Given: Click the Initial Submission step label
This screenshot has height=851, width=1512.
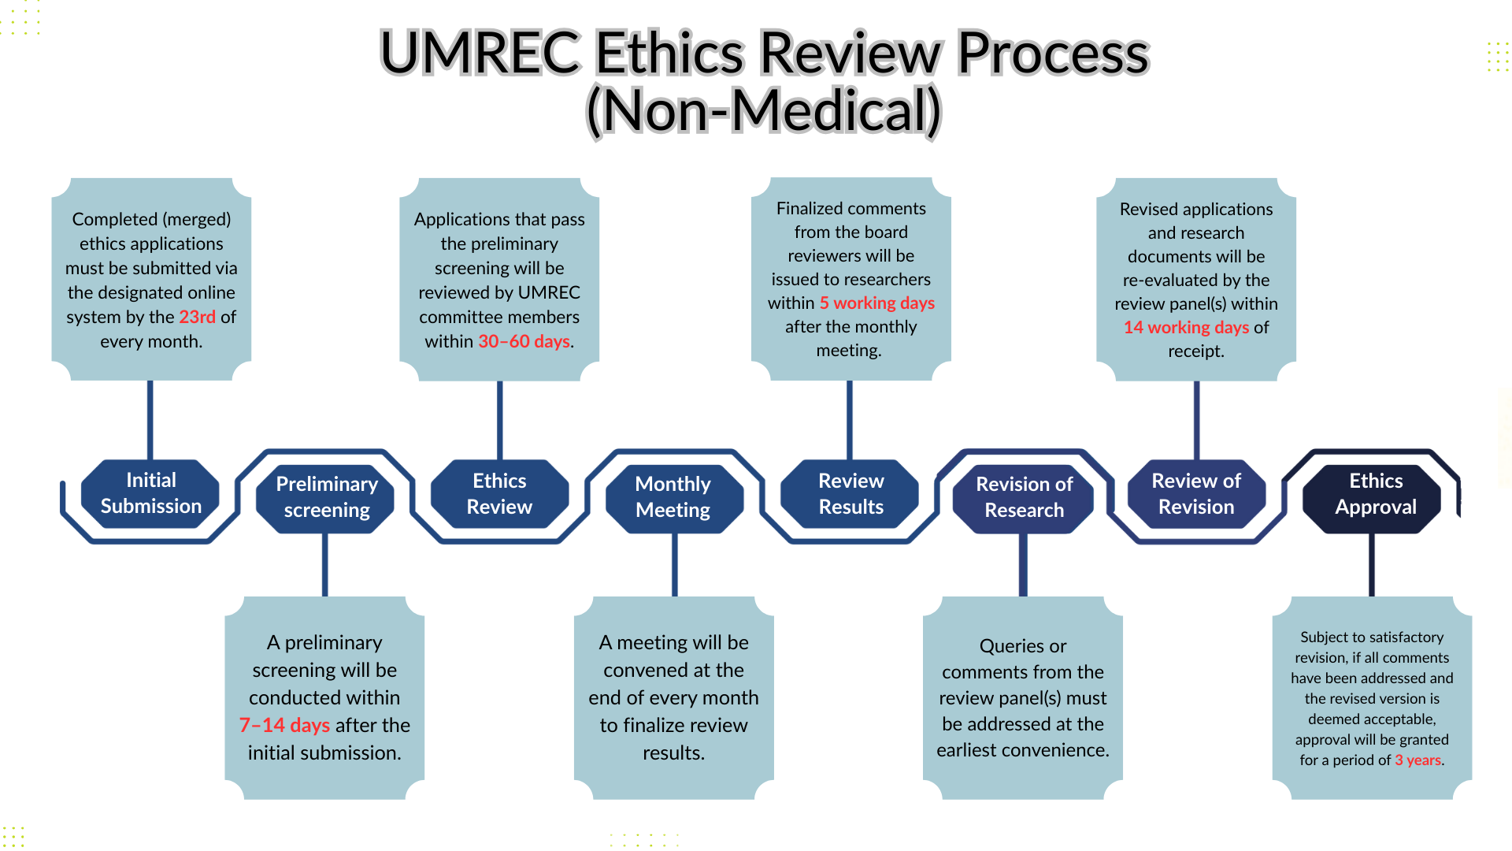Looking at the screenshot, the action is tap(150, 493).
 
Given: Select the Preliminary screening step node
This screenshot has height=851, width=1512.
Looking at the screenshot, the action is tap(326, 497).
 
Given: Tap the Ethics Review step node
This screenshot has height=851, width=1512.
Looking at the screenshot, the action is tap(499, 494).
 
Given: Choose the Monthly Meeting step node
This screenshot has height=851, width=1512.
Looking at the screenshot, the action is tap(673, 497).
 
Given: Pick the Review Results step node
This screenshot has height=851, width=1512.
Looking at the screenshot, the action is tap(850, 494).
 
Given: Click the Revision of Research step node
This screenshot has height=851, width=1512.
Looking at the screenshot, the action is tap(1024, 497).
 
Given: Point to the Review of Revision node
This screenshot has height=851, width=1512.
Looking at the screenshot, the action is tap(1196, 494).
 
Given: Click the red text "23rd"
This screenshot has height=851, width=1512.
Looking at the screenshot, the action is tap(197, 317).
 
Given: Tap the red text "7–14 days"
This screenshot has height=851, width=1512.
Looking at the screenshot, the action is tap(284, 725).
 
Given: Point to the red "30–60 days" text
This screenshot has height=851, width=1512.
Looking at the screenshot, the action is tap(524, 341).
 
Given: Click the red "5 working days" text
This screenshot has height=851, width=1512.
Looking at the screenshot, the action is tap(876, 303).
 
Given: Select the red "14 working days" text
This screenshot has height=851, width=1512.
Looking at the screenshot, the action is tap(1186, 327).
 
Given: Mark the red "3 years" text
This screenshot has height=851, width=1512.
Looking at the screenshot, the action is tap(1417, 760).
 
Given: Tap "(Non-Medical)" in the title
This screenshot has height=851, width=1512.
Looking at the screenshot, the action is tap(764, 111).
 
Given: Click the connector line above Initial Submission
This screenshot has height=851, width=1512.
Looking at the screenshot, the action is tap(150, 420).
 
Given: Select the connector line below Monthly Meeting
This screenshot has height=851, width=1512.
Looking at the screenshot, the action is tap(674, 565).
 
